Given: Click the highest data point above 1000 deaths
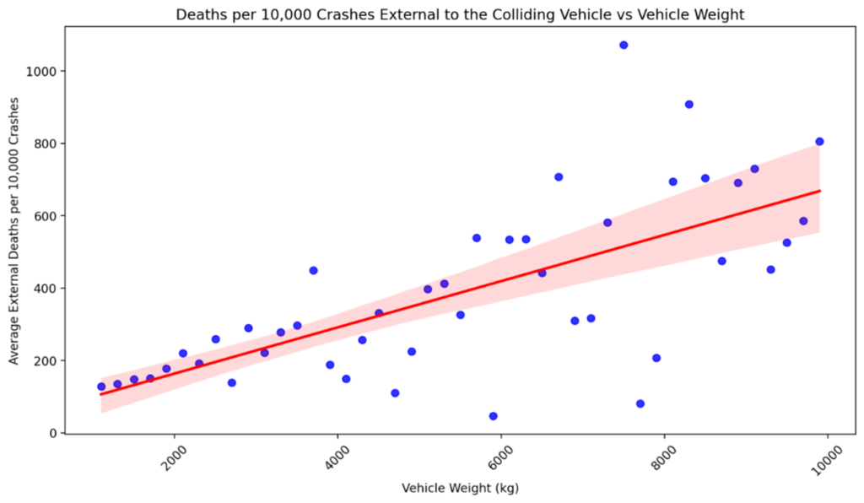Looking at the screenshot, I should click(x=624, y=45).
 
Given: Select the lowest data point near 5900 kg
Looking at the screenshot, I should click(x=493, y=416).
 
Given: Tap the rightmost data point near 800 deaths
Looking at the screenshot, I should click(x=819, y=142).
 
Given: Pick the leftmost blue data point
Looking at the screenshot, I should click(x=101, y=387).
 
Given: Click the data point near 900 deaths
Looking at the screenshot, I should click(x=688, y=105).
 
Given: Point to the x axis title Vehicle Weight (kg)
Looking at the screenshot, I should click(x=460, y=489).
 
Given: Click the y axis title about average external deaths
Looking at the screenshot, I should click(x=13, y=230).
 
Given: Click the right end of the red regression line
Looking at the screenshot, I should click(x=819, y=191).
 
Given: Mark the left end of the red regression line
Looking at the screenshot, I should click(x=101, y=394).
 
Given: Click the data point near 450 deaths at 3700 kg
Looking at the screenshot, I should click(x=313, y=271).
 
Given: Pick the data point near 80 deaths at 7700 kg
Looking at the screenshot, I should click(x=640, y=404).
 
